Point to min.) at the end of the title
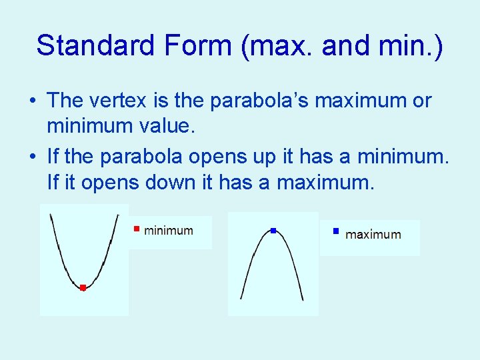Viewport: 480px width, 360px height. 411,45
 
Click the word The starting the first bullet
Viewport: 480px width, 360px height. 65,101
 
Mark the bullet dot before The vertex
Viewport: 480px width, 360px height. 33,102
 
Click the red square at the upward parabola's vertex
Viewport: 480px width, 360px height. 83,288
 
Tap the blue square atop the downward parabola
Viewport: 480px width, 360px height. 273,231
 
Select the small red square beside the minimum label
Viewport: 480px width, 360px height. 135,229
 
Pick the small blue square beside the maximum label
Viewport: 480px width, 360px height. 337,232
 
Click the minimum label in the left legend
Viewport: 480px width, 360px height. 169,231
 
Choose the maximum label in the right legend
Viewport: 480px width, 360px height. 373,235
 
